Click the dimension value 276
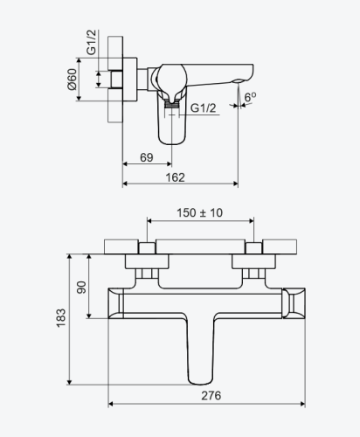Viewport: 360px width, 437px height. click(x=211, y=395)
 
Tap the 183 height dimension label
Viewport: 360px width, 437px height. click(x=61, y=318)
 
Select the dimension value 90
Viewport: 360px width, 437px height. click(x=81, y=288)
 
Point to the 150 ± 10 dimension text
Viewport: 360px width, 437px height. click(x=200, y=212)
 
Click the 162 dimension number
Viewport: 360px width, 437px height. click(x=175, y=177)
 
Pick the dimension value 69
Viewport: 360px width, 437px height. click(x=147, y=157)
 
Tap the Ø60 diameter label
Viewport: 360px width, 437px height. click(x=72, y=80)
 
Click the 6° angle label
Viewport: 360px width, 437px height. click(x=250, y=97)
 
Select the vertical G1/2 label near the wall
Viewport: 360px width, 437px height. click(x=91, y=42)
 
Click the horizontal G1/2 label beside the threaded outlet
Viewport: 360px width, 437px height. click(x=204, y=108)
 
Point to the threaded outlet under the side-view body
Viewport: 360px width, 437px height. click(x=171, y=104)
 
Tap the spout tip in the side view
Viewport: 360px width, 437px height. click(x=239, y=80)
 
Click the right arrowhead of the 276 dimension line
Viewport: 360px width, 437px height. click(x=302, y=404)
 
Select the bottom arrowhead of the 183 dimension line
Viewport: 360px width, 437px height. click(x=69, y=382)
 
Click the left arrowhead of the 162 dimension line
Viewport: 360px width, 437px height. click(x=125, y=184)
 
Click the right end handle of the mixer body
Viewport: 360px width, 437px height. click(x=294, y=303)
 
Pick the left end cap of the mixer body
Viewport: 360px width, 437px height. click(x=116, y=303)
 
